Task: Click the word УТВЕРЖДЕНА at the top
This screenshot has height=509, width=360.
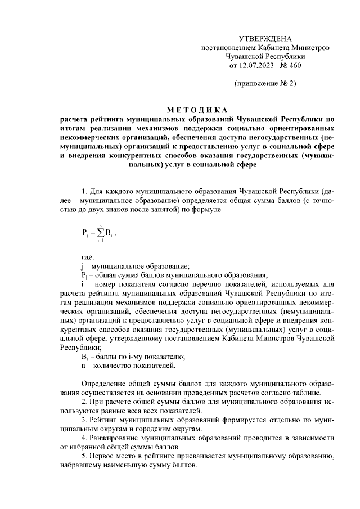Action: coord(265,39)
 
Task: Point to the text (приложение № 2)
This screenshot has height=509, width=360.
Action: coord(265,84)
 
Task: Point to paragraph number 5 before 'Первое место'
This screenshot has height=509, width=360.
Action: coord(84,457)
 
